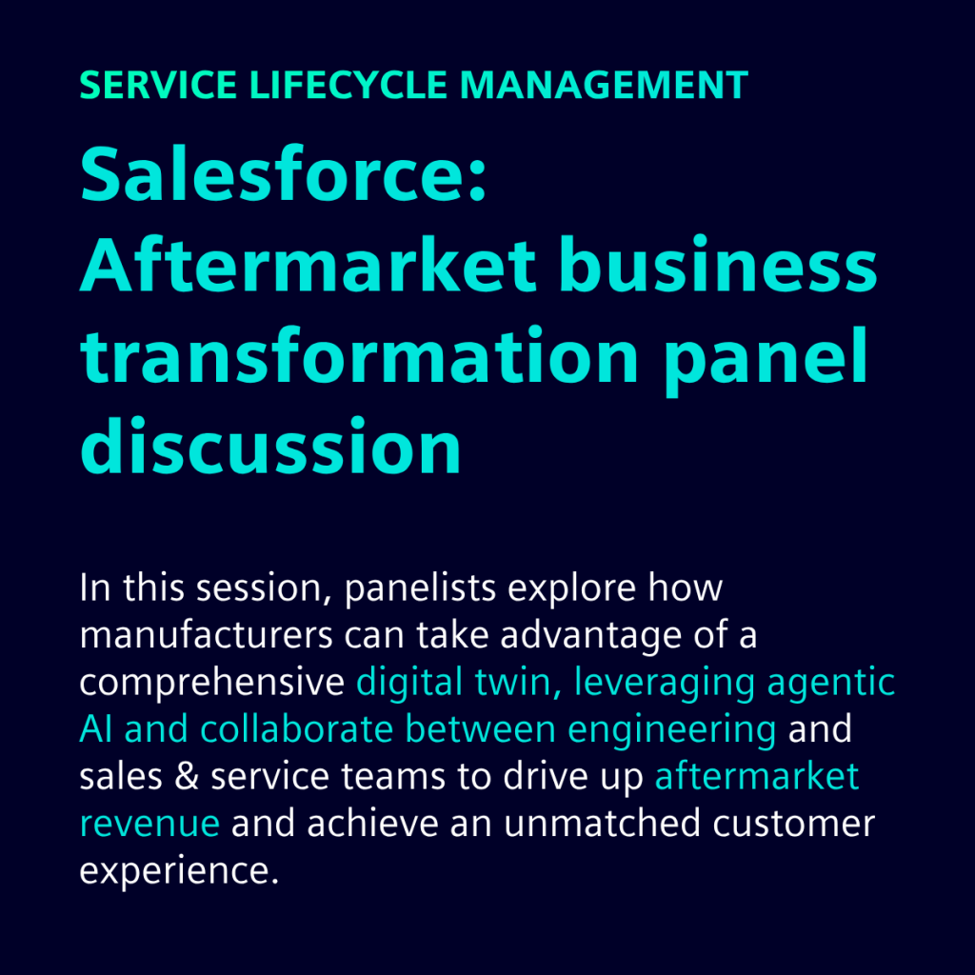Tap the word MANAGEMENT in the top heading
tap(604, 85)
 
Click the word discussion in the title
tap(270, 446)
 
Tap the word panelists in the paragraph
tap(420, 588)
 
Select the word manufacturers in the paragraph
tap(207, 635)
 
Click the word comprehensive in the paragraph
tap(212, 683)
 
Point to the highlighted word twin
tap(513, 682)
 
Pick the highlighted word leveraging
tap(664, 683)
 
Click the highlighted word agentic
tap(830, 683)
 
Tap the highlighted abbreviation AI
tap(96, 728)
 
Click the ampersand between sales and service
tap(187, 776)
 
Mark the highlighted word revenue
tap(149, 824)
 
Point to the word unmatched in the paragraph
tap(602, 823)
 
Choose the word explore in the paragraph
tap(572, 588)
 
